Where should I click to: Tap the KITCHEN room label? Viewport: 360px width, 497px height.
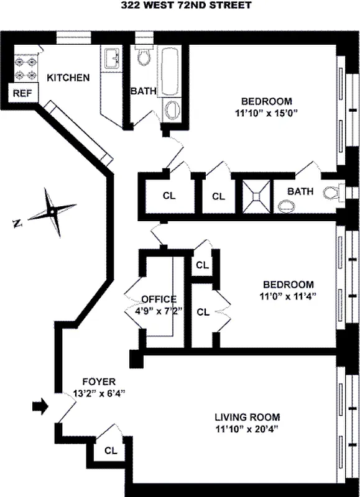point(69,78)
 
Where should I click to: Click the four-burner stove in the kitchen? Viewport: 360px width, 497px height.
point(24,68)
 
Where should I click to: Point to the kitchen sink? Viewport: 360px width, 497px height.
point(113,59)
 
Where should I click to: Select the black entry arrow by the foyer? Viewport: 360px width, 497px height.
point(40,407)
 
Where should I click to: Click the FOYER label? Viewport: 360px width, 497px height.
point(99,381)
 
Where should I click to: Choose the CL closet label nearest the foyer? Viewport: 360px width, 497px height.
point(111,450)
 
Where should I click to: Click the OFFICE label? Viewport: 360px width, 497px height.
point(159,299)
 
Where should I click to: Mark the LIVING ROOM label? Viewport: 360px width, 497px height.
point(247,417)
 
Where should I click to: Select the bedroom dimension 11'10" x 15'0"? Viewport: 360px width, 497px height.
point(266,113)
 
